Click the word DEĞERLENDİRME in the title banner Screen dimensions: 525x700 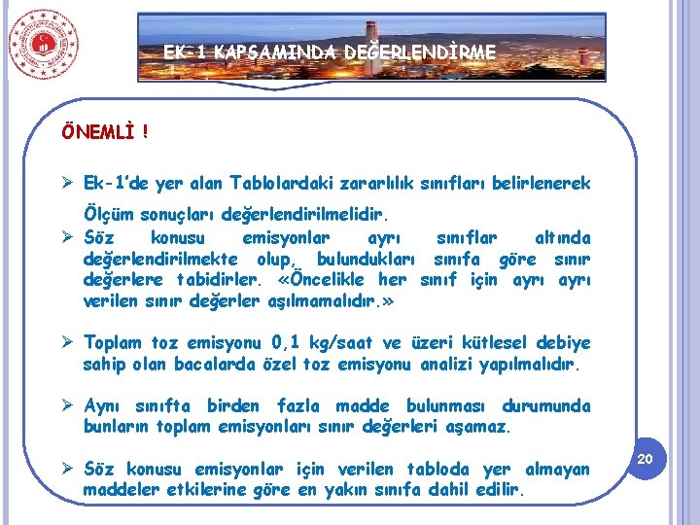click(x=421, y=51)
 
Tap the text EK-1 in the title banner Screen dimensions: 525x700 click(x=186, y=51)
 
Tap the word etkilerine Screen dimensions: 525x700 click(x=199, y=489)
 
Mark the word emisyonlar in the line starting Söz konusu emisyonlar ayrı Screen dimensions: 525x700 click(x=286, y=238)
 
